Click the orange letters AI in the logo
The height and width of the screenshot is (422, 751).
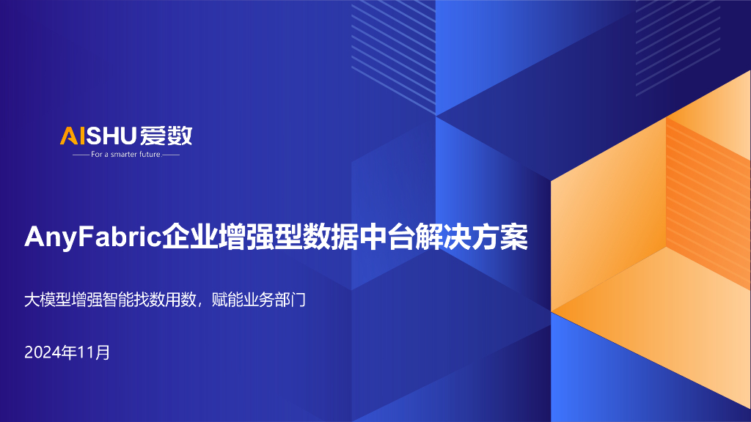pos(73,136)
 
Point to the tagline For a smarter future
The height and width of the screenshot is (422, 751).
pos(125,155)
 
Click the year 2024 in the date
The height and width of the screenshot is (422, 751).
pos(42,352)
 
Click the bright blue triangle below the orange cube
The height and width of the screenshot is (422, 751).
pos(587,352)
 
